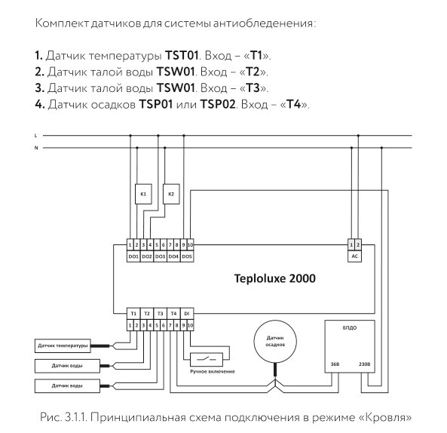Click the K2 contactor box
pyautogui.click(x=171, y=194)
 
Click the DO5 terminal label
pyautogui.click(x=187, y=256)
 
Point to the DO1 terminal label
pyautogui.click(x=133, y=256)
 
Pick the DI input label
pyautogui.click(x=188, y=312)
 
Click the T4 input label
pyautogui.click(x=174, y=312)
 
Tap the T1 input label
pyautogui.click(x=133, y=312)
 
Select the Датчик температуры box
pyautogui.click(x=61, y=346)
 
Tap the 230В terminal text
pyautogui.click(x=366, y=364)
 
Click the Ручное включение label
pyautogui.click(x=212, y=371)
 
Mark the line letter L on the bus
pyautogui.click(x=36, y=135)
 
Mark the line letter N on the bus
pyautogui.click(x=36, y=148)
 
